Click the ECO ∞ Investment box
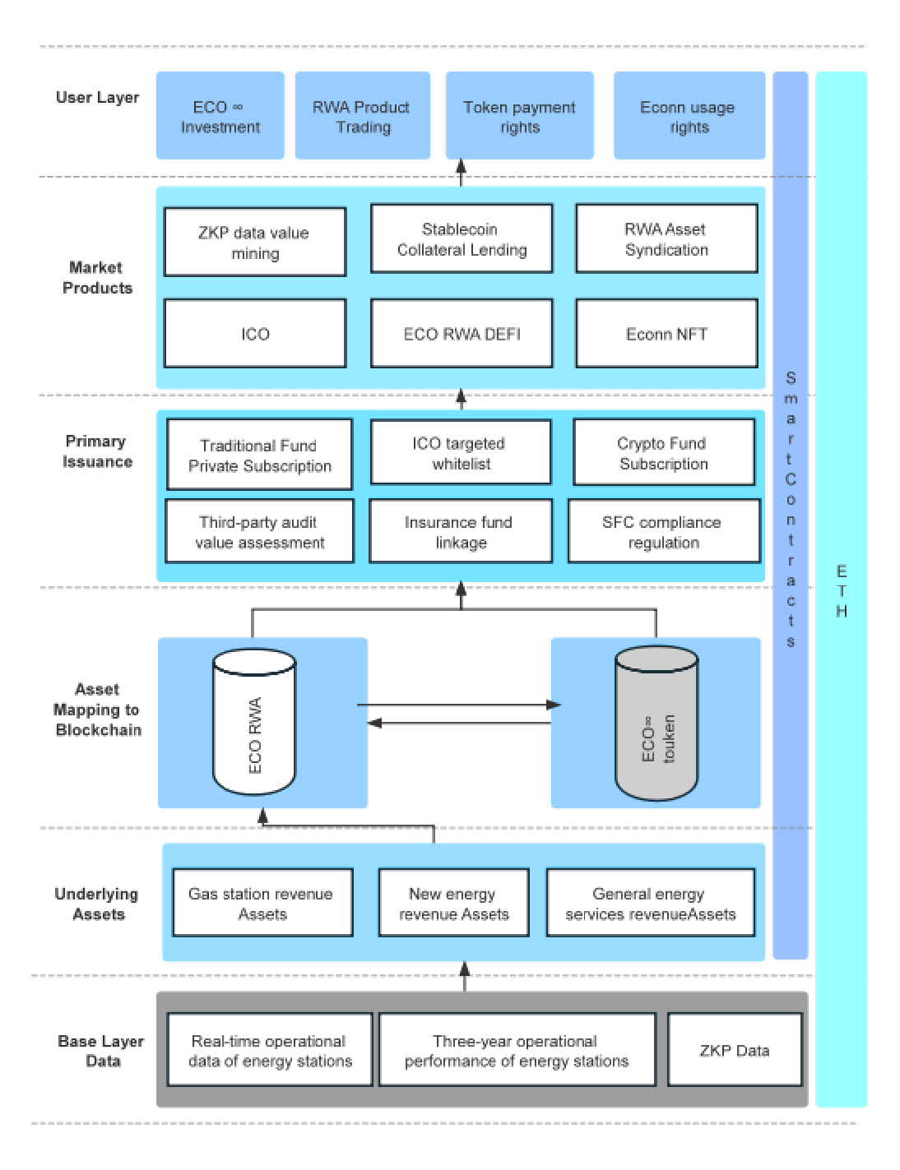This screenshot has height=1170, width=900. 220,116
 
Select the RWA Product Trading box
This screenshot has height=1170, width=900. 362,116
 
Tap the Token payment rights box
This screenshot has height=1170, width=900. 519,116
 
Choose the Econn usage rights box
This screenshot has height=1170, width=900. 688,116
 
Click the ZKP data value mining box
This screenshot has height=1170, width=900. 254,242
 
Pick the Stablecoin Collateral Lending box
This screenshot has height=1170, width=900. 462,238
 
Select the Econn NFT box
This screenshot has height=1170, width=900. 666,333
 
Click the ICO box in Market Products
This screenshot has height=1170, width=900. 254,333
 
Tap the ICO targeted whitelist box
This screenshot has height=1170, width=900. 461,453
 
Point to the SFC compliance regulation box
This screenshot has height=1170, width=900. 663,532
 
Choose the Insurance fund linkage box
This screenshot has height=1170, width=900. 460,532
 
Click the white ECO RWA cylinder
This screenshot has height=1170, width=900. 254,724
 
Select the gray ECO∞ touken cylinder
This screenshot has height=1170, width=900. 656,724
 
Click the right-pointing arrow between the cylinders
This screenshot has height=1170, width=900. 461,705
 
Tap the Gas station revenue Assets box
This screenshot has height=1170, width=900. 262,903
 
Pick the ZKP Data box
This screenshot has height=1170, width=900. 734,1050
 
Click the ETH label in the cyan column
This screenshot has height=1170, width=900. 841,591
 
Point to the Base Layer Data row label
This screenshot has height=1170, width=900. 100,1051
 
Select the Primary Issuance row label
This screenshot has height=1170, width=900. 97,451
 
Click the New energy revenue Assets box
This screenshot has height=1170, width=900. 453,903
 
